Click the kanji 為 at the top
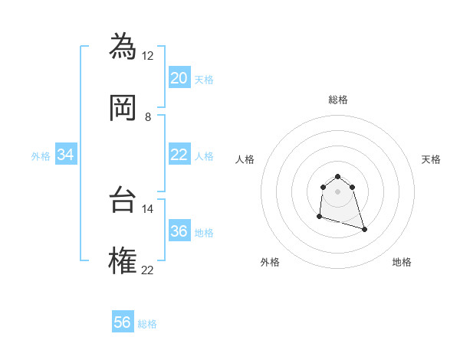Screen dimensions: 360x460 pyautogui.click(x=123, y=47)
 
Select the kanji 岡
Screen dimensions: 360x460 pyautogui.click(x=123, y=106)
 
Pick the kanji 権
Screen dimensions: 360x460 pyautogui.click(x=123, y=260)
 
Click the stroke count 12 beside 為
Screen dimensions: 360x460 pyautogui.click(x=148, y=56)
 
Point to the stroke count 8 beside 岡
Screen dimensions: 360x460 pyautogui.click(x=148, y=116)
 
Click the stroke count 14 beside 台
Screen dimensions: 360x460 pyautogui.click(x=148, y=208)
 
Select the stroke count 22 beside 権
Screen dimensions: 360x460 pyautogui.click(x=148, y=270)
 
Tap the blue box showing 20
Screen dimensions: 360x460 pyautogui.click(x=179, y=78)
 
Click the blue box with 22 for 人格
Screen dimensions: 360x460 pyautogui.click(x=179, y=155)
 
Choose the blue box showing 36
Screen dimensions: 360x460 pyautogui.click(x=179, y=231)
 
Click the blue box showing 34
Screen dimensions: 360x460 pyautogui.click(x=66, y=155)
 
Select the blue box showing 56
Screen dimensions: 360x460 pyautogui.click(x=123, y=322)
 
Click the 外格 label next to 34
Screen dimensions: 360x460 pyautogui.click(x=41, y=156)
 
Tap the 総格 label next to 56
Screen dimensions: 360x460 pyautogui.click(x=147, y=324)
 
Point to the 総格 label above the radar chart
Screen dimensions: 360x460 pyautogui.click(x=338, y=100)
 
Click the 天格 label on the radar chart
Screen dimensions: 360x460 pyautogui.click(x=432, y=159)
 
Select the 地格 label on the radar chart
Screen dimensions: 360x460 pyautogui.click(x=402, y=262)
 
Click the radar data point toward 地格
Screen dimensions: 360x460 pyautogui.click(x=364, y=229)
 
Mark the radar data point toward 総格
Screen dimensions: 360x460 pyautogui.click(x=337, y=173)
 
